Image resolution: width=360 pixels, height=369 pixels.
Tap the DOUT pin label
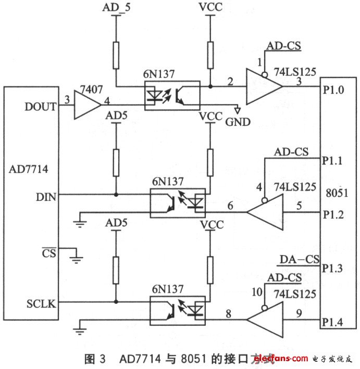pyautogui.click(x=40, y=106)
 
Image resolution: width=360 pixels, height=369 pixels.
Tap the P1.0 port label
pyautogui.click(x=333, y=89)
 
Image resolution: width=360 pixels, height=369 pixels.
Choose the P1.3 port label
pyautogui.click(x=333, y=268)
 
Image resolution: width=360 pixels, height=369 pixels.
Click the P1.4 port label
pyautogui.click(x=333, y=321)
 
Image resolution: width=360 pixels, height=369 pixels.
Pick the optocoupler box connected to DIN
pyautogui.click(x=177, y=203)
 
